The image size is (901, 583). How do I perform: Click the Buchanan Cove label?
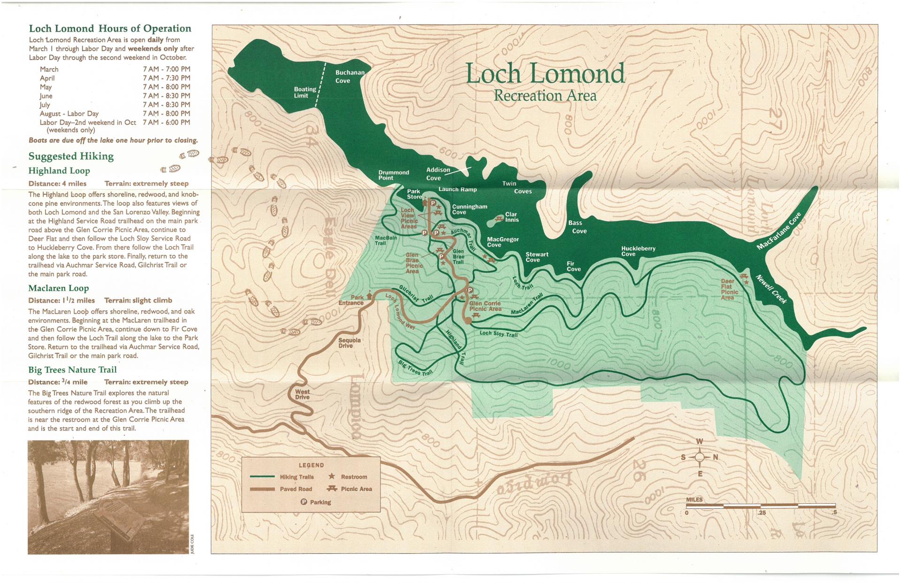point(350,77)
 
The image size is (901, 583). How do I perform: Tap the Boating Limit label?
point(305,92)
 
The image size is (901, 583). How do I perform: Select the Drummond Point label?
point(393,175)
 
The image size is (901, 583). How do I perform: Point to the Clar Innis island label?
point(512,217)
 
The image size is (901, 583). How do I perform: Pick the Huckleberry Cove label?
point(638,251)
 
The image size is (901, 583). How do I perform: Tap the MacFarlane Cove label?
point(779,231)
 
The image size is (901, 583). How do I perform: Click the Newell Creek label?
point(771,289)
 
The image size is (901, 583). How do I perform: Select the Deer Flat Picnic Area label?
point(729,289)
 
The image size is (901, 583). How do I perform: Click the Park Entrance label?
point(351,300)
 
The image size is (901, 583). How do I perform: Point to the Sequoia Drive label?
point(350,343)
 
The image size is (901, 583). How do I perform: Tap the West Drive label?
point(302,394)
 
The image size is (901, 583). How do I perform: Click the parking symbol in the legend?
point(303,502)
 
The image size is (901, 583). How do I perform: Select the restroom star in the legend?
point(331,476)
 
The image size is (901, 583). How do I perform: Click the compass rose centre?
point(699,457)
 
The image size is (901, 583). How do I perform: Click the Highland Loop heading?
point(59,170)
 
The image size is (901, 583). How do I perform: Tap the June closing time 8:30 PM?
point(166,96)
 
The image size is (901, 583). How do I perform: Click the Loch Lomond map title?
point(545,74)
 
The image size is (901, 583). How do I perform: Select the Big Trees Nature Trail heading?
point(72,370)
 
